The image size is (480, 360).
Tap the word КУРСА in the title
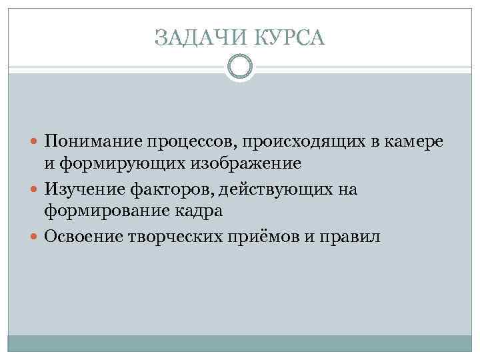click(287, 38)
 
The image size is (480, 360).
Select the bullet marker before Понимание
click(35, 142)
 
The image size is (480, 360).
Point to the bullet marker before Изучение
click(35, 190)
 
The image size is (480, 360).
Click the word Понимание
click(91, 142)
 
